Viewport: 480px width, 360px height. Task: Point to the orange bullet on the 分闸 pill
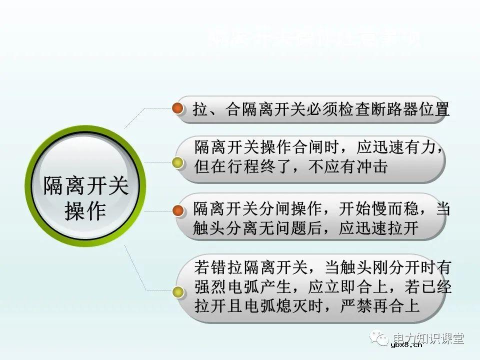coord(177,211)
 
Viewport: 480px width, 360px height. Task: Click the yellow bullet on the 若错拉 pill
coord(176,291)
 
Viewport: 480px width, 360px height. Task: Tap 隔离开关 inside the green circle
coord(85,185)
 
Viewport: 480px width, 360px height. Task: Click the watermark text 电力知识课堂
coord(428,338)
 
